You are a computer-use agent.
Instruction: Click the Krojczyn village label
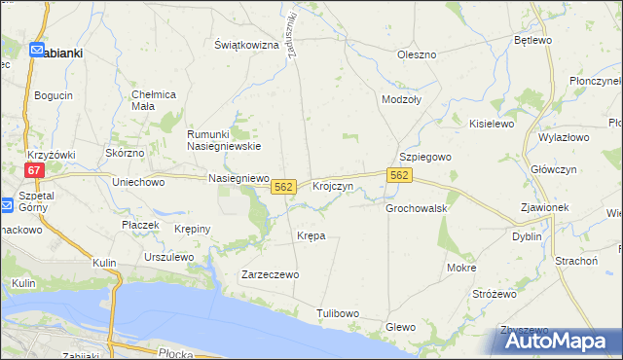(332, 186)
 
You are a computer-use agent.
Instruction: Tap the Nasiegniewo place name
(238, 178)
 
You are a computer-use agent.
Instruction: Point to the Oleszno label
(416, 54)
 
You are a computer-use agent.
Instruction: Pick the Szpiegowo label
(425, 157)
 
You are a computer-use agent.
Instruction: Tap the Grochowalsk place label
(416, 208)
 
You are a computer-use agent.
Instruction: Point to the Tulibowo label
(339, 313)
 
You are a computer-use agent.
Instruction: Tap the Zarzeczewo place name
(270, 275)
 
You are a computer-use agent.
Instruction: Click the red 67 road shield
(35, 169)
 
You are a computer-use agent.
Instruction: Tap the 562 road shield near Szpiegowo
(399, 174)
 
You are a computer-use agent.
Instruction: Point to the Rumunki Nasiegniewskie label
(224, 139)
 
